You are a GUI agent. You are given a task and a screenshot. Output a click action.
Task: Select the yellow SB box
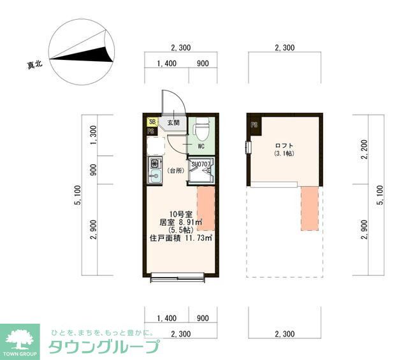[x=152, y=122]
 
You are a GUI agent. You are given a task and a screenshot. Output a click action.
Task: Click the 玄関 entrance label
[x=173, y=123]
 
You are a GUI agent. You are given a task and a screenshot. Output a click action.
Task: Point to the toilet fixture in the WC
[x=200, y=131]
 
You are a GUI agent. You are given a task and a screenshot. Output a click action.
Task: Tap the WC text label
[x=200, y=146]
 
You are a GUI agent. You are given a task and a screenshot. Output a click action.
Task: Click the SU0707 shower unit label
[x=201, y=164]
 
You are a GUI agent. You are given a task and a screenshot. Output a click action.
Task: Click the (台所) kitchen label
[x=175, y=171]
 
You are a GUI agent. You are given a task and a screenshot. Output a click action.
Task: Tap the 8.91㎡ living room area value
[x=189, y=222]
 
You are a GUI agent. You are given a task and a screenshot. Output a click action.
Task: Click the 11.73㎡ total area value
[x=198, y=238]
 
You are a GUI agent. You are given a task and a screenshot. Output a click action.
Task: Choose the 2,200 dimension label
[x=364, y=150]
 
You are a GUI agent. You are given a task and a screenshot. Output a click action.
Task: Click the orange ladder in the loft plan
[x=309, y=207]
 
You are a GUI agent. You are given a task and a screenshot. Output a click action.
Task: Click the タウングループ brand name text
[x=103, y=347]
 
